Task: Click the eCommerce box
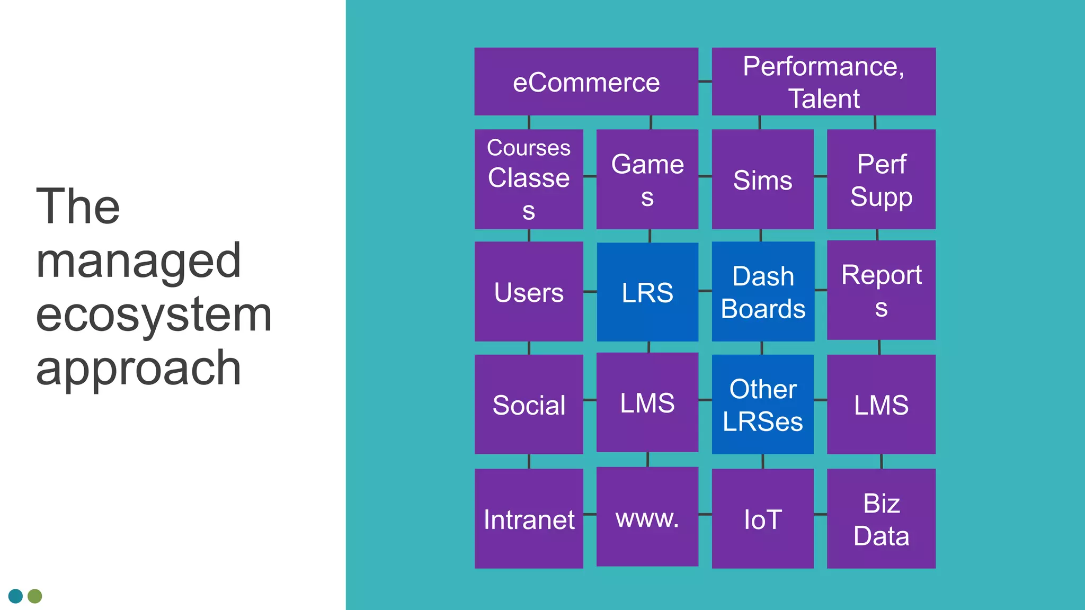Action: (x=586, y=82)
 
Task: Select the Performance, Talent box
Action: (x=823, y=82)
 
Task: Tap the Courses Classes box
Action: (x=529, y=179)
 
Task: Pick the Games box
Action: (x=647, y=179)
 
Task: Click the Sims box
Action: (x=762, y=179)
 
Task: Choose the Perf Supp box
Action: (x=881, y=179)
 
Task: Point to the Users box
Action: (x=529, y=291)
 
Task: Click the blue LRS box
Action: (x=647, y=292)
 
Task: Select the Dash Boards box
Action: (x=763, y=291)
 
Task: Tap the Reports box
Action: (x=881, y=290)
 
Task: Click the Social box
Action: (x=529, y=404)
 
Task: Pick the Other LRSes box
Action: (x=762, y=404)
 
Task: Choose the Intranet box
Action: (x=529, y=518)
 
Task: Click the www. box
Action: (x=647, y=517)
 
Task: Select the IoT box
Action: (x=762, y=518)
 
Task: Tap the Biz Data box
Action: (x=881, y=518)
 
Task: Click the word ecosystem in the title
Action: (x=154, y=315)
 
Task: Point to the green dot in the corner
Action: (x=35, y=596)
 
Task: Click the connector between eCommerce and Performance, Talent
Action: (x=705, y=82)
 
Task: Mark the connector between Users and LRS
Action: (x=590, y=291)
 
